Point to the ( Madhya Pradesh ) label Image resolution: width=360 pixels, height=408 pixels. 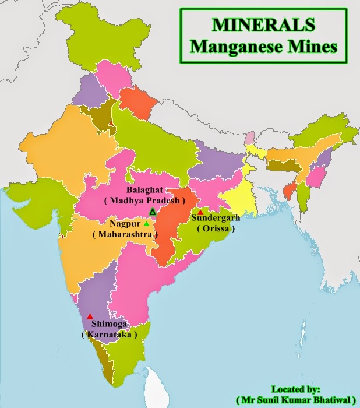click(x=144, y=201)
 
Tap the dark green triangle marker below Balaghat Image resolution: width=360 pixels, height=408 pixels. click(x=152, y=212)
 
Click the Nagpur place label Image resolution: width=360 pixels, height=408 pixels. click(x=123, y=223)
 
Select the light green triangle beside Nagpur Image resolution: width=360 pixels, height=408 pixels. click(x=147, y=223)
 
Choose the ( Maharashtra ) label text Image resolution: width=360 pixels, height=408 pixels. click(x=125, y=234)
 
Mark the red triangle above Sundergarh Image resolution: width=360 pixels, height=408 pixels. click(x=200, y=212)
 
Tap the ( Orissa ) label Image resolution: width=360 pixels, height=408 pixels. click(x=215, y=229)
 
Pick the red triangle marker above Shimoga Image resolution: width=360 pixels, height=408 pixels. click(x=90, y=316)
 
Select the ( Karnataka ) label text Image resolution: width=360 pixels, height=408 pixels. click(x=110, y=335)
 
